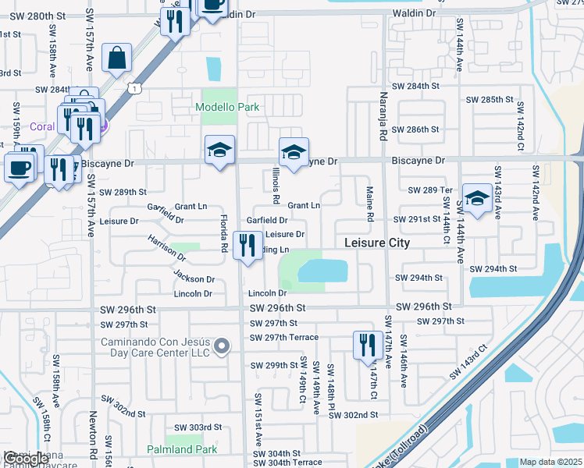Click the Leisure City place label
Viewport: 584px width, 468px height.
point(377,243)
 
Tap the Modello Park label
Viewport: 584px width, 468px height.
point(227,107)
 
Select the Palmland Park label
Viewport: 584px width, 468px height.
point(182,449)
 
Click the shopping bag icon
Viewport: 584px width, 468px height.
point(116,58)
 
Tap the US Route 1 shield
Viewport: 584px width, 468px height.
point(136,89)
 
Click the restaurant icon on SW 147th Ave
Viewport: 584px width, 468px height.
point(367,346)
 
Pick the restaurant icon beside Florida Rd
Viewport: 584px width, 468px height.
point(247,247)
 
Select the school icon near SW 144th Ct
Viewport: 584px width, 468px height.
point(476,199)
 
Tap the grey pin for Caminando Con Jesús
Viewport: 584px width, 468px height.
point(222,346)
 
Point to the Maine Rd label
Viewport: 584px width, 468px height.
point(370,202)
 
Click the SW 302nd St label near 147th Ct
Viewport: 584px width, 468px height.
point(354,415)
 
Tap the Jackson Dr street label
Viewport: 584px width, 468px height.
point(194,278)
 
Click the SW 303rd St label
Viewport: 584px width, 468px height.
point(198,427)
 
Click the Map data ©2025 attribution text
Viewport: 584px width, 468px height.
point(551,463)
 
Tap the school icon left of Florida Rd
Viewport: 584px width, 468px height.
point(220,151)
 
